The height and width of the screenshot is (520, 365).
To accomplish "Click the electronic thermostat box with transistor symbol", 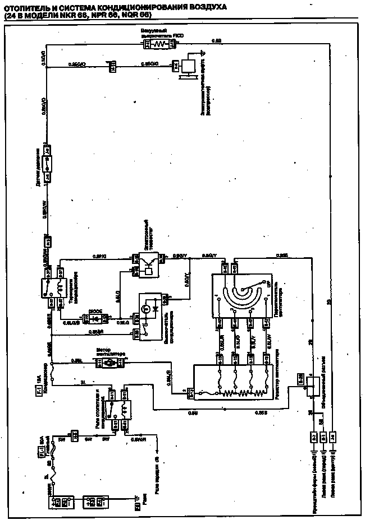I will (x=147, y=262).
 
